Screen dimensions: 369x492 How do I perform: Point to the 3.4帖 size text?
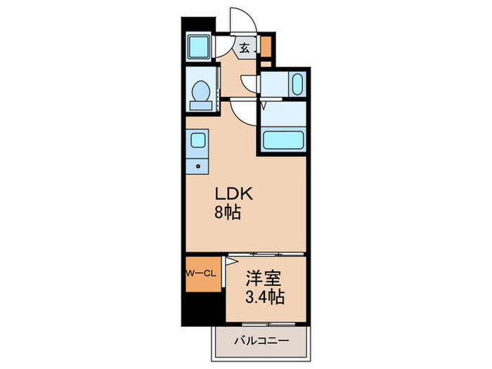click(x=266, y=297)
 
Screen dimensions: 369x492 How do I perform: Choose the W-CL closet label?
click(x=200, y=273)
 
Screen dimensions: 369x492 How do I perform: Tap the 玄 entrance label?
click(x=244, y=48)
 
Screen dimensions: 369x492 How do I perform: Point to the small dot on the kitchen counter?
click(x=198, y=167)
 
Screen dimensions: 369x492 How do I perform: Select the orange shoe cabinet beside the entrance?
click(x=266, y=46)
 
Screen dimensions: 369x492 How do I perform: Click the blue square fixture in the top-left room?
click(x=198, y=48)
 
